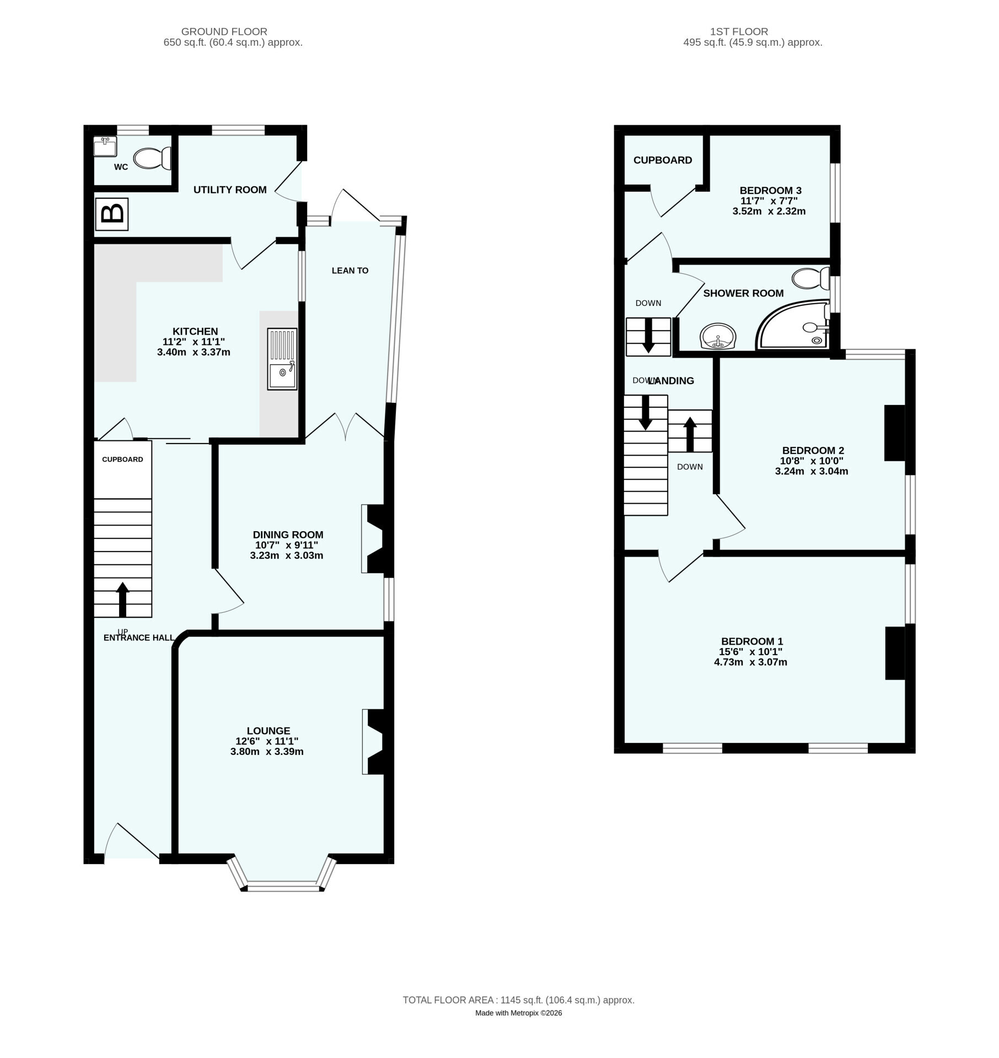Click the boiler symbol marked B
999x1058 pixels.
coord(112,214)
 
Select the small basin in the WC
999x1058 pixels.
coord(105,147)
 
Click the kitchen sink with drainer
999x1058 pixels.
coord(282,359)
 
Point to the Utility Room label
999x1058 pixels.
coord(230,190)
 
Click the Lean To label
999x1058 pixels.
coord(350,271)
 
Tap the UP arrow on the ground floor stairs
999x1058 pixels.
coord(122,600)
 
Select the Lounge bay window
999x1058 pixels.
coord(282,873)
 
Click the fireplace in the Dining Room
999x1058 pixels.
coord(377,539)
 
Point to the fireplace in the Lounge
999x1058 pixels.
coord(377,742)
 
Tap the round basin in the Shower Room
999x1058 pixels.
coord(718,336)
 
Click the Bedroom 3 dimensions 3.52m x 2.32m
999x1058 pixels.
coord(769,211)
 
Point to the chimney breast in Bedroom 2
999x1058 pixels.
coord(895,433)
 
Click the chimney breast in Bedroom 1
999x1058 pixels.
coord(896,653)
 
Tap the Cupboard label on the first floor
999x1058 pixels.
coord(663,160)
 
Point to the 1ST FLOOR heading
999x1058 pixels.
coord(739,32)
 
